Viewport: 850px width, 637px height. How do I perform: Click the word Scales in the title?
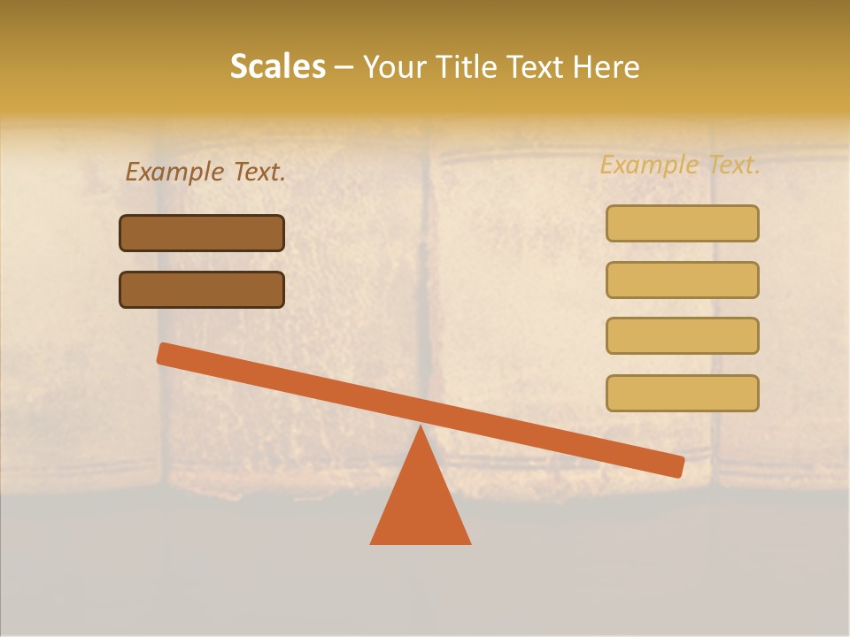[x=277, y=66]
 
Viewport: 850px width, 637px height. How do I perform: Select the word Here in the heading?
[x=605, y=66]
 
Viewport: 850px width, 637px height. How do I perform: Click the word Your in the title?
[x=394, y=66]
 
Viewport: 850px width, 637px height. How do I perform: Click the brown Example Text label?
[x=205, y=173]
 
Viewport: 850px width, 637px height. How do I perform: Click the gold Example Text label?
[x=680, y=165]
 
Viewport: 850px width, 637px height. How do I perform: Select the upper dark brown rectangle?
[x=202, y=233]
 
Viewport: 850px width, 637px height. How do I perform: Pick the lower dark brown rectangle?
[x=202, y=289]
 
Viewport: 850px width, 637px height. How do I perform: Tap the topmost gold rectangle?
[x=682, y=223]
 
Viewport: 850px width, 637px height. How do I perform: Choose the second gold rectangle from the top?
[x=682, y=280]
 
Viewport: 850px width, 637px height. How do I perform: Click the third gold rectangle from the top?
[x=682, y=335]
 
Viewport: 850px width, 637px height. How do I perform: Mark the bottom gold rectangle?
[x=682, y=393]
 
